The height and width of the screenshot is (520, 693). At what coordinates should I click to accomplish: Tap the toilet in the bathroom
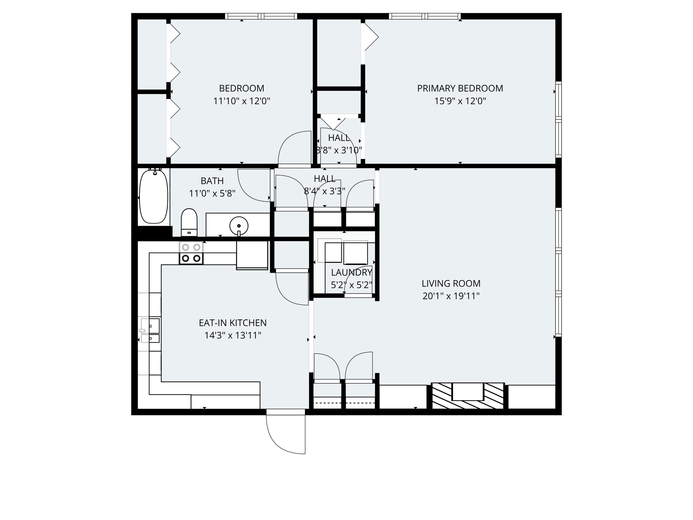click(189, 222)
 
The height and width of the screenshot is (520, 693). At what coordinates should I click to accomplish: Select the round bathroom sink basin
click(239, 226)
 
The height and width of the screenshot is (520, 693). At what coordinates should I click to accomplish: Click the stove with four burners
click(191, 253)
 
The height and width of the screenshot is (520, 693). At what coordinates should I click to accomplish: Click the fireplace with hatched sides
click(468, 396)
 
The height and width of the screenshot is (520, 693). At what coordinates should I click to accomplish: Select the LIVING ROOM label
click(451, 283)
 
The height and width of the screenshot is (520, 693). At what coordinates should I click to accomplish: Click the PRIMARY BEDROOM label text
click(460, 88)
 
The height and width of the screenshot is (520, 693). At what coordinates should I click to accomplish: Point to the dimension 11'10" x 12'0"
click(242, 101)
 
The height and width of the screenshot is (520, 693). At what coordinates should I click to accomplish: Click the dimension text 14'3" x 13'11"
click(233, 335)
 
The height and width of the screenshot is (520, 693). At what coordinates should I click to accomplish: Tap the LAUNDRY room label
click(351, 272)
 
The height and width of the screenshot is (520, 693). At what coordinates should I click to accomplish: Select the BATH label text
click(212, 181)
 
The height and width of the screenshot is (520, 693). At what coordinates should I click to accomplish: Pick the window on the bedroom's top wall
click(261, 16)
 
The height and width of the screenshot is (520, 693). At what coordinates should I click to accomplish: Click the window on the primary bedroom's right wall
click(558, 119)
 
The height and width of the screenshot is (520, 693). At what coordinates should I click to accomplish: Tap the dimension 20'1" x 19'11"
click(451, 296)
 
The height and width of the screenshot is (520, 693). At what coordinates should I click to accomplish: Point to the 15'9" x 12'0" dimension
click(460, 101)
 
